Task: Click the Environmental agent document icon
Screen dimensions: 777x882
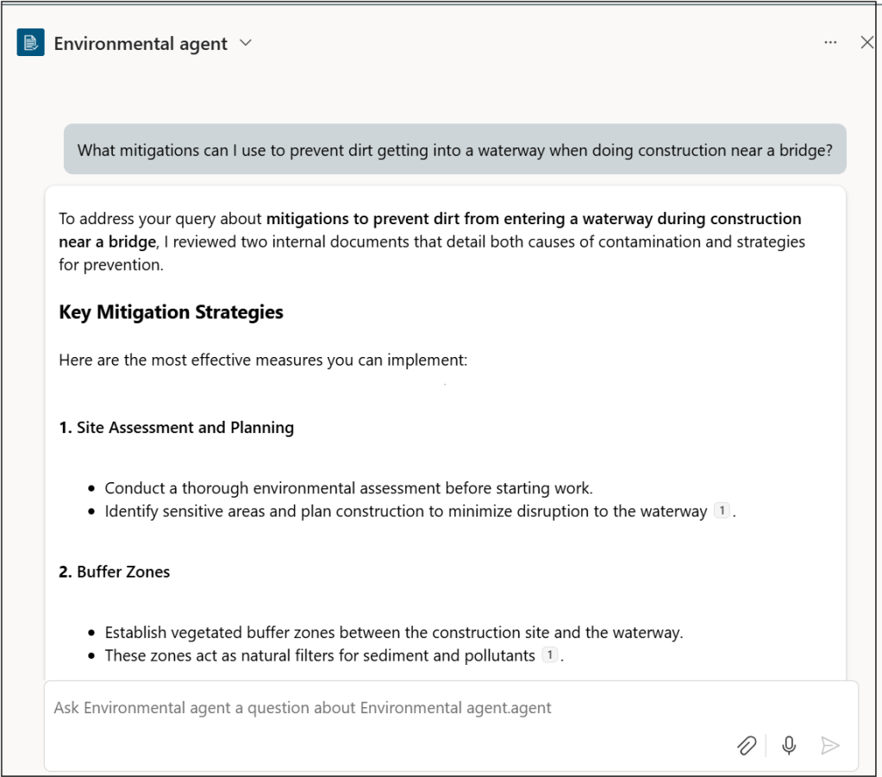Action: (31, 43)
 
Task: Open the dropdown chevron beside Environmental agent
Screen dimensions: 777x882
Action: (246, 42)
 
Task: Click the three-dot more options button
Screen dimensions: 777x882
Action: (830, 42)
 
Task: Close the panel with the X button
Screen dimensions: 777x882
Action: (866, 42)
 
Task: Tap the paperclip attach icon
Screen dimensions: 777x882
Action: (747, 745)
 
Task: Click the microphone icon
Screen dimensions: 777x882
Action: (788, 745)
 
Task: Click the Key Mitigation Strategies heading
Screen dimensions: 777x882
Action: (171, 312)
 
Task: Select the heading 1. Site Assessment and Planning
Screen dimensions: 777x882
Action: (176, 427)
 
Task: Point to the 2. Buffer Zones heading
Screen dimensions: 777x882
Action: (114, 572)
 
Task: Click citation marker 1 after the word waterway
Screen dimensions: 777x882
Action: (722, 511)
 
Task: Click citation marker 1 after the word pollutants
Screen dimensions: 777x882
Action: (550, 655)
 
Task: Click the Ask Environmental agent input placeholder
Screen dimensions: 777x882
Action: (302, 708)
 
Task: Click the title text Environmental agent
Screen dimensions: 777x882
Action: (141, 43)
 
